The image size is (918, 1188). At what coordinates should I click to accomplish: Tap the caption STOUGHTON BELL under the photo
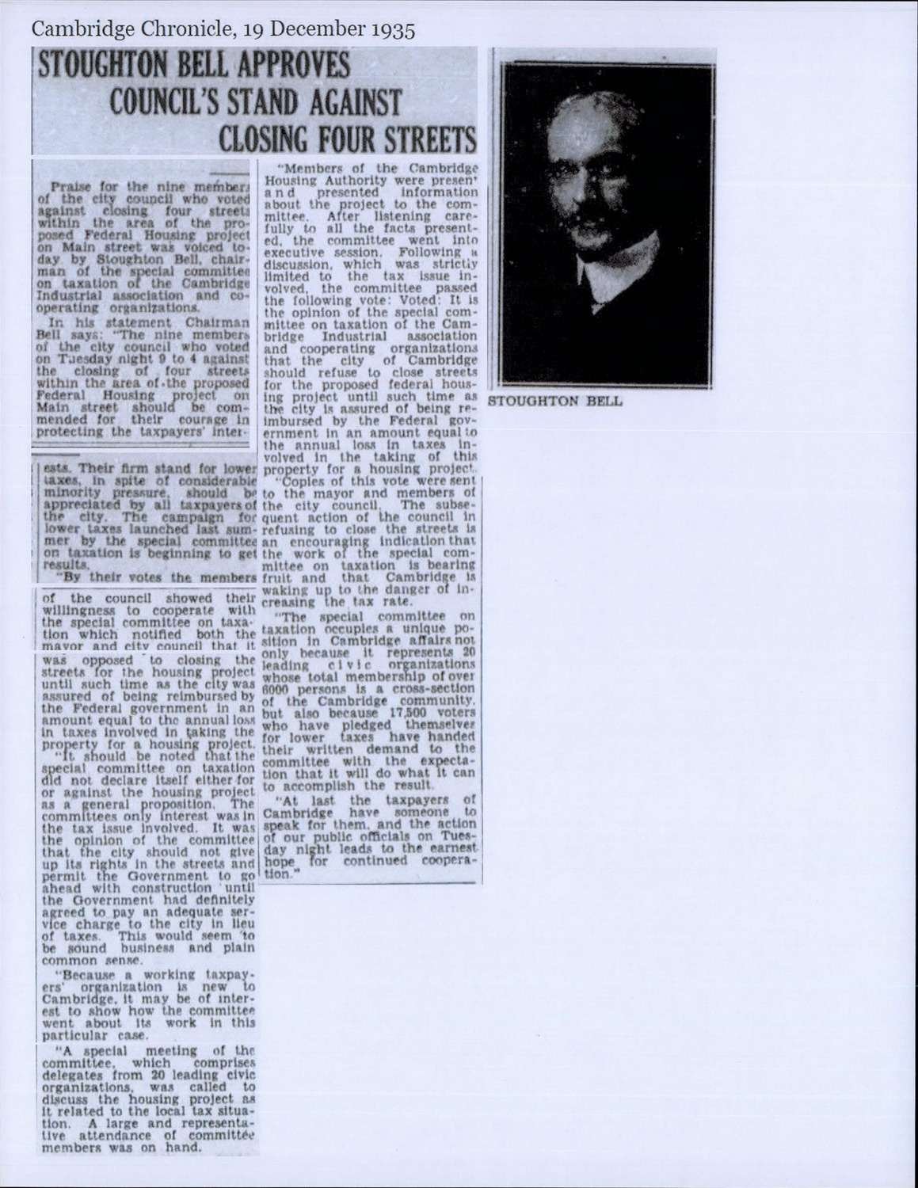coord(555,402)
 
